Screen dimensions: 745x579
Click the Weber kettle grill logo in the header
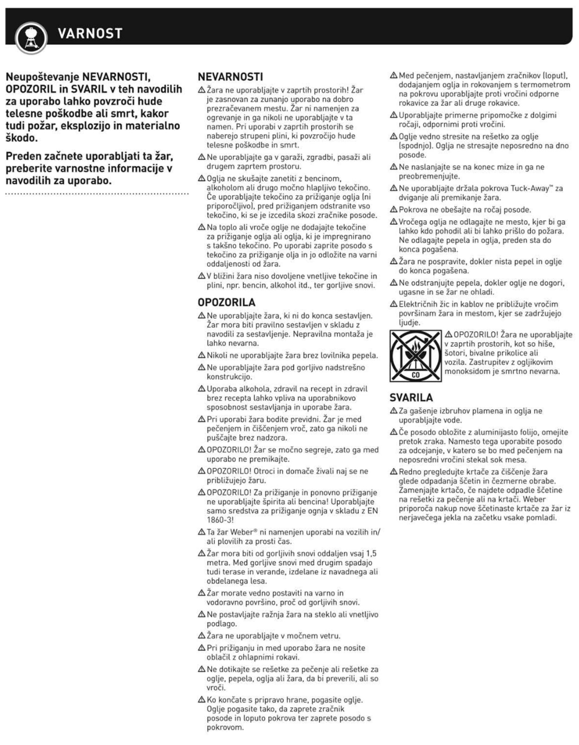tap(31, 37)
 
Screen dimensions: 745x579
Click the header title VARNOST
tap(90, 33)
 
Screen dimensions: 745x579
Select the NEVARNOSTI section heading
tap(230, 77)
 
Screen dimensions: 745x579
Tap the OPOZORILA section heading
tap(227, 302)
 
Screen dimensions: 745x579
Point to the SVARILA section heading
tap(411, 398)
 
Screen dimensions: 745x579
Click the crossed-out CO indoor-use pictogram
tap(415, 356)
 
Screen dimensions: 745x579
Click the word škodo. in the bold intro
tap(22, 138)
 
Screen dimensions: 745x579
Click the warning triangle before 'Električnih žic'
tap(394, 304)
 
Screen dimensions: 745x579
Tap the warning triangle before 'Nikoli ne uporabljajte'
tap(201, 356)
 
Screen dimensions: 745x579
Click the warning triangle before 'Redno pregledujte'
tap(394, 472)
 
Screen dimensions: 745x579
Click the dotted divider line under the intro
tap(97, 193)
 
